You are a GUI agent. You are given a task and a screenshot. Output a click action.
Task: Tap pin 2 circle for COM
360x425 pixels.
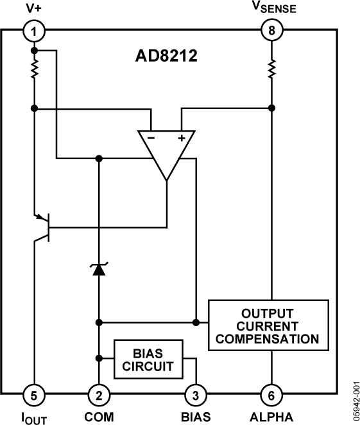98,394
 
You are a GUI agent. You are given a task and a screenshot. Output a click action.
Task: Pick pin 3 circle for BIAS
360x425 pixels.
196,394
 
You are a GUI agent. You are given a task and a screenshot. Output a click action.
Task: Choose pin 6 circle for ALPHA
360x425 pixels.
271,394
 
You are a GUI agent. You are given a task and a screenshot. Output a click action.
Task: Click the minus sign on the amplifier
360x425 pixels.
151,137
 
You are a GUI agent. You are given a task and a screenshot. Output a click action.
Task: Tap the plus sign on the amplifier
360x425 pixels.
182,137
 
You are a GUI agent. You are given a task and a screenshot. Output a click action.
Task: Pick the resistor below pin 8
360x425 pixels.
271,67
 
